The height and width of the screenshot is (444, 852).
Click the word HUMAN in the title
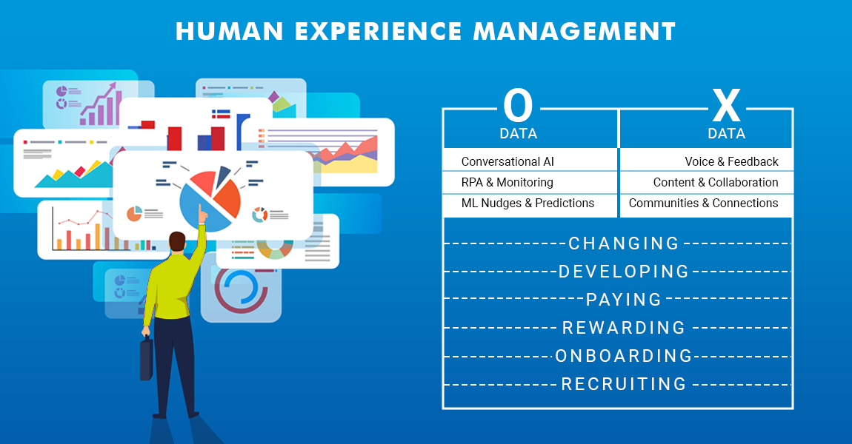point(230,32)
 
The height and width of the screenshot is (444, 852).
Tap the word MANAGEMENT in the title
point(574,32)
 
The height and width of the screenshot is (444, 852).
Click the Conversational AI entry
point(507,162)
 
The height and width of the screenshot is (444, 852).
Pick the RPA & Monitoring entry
point(507,182)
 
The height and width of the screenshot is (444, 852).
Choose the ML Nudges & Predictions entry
point(527,203)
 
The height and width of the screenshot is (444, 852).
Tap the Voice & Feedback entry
point(731,162)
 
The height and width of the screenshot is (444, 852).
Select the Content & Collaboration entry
point(716,182)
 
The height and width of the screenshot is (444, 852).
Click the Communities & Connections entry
point(704,203)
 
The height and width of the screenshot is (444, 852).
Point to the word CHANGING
point(624,243)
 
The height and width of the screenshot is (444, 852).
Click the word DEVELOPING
point(624,272)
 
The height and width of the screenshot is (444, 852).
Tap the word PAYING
point(624,300)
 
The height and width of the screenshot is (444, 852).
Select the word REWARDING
point(624,328)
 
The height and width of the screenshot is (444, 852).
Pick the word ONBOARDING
point(624,356)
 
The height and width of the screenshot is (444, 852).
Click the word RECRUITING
point(624,384)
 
